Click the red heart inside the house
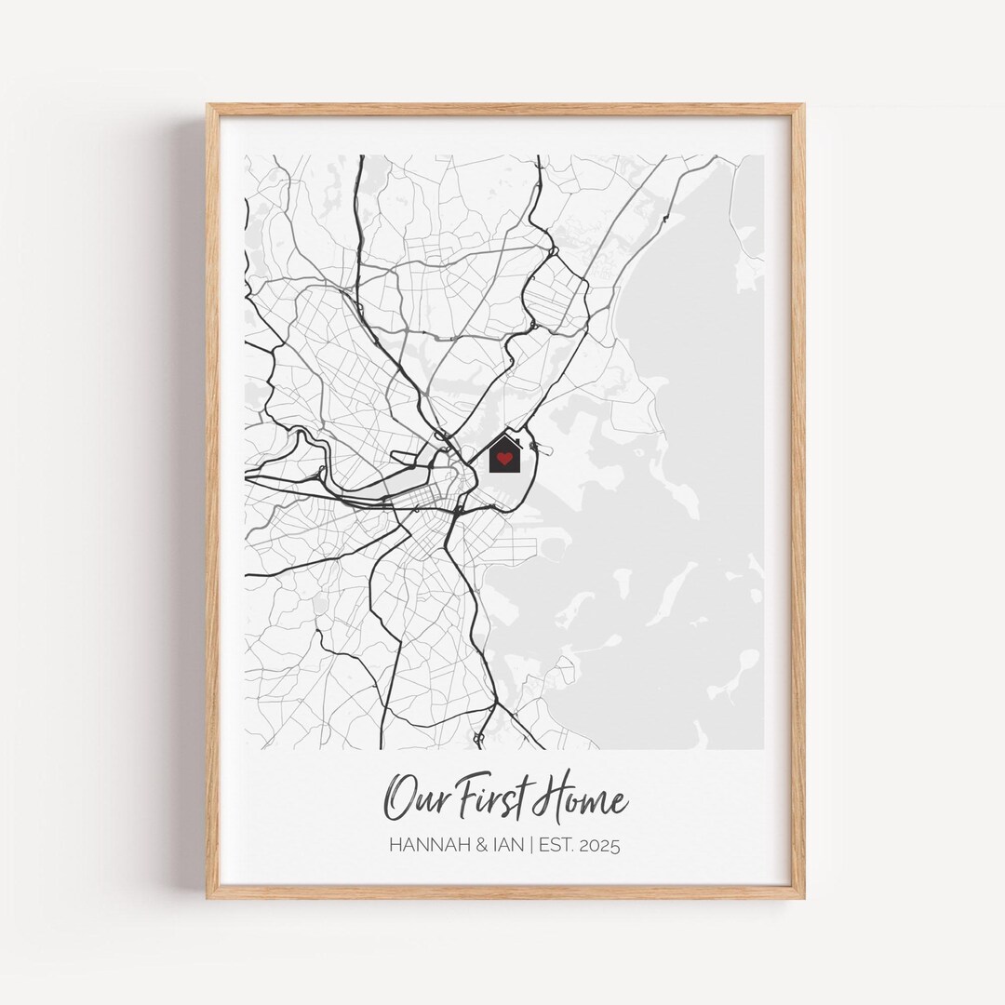click(504, 458)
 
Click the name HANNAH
click(425, 846)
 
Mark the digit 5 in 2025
click(615, 846)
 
